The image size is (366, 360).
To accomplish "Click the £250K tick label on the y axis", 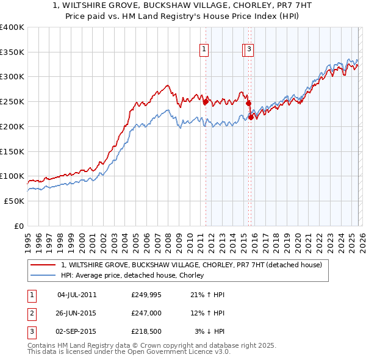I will coord(12,102).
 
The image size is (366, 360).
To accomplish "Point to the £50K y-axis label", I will coord(14,201).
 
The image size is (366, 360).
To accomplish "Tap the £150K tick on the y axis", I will coord(12,151).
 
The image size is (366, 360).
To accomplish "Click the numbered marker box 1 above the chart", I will coord(204,51).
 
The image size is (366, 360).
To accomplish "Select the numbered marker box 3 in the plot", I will coord(250,51).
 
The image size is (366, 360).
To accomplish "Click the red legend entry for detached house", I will coord(195,265).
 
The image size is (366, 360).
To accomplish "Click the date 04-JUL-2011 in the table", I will coord(77,295).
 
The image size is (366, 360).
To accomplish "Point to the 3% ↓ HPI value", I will coord(210,331).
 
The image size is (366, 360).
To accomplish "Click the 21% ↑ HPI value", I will coord(208,295).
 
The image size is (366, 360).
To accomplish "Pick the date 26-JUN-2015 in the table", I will coord(77,313).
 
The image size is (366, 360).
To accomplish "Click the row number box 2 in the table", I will coord(30,313).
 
